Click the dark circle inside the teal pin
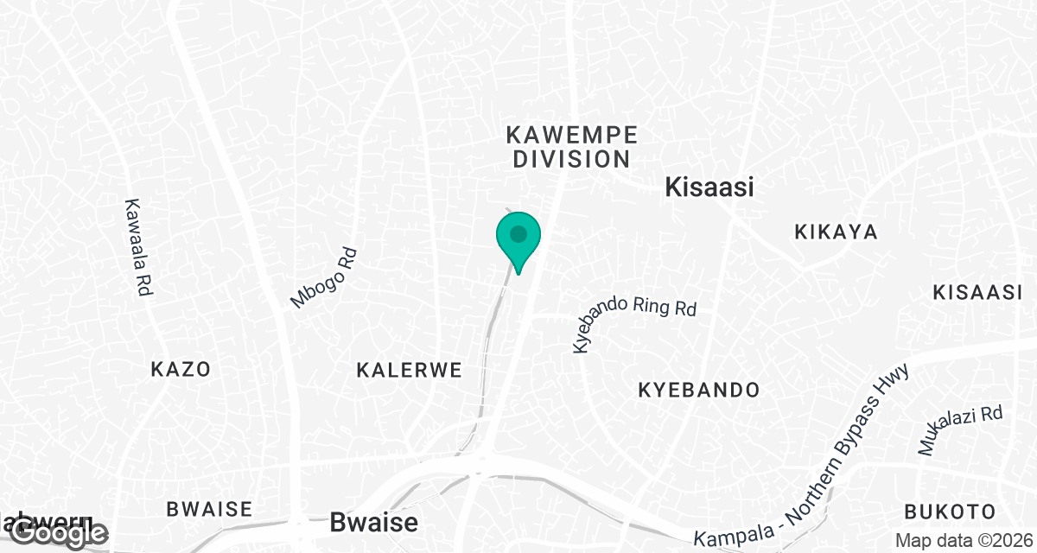518,233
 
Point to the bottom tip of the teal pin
518,274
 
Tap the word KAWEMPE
571,135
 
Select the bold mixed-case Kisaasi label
709,188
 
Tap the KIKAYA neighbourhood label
836,232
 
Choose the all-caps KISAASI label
977,292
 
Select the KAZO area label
181,370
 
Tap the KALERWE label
409,370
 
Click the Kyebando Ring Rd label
634,323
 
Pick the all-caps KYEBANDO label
699,390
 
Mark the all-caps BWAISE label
209,508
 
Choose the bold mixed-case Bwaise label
374,522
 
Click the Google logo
57,533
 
